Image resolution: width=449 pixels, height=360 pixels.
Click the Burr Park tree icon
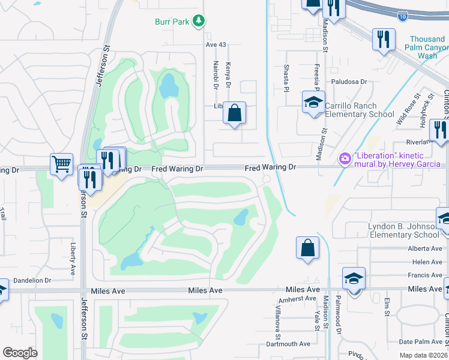(199, 22)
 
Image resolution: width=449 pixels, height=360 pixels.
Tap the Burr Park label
(172, 22)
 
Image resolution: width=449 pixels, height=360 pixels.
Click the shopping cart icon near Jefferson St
(61, 164)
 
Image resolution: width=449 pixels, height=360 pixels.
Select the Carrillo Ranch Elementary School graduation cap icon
(313, 103)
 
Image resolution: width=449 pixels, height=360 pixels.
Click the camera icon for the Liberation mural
(345, 159)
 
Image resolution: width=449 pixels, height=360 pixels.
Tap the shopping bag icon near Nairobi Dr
(234, 112)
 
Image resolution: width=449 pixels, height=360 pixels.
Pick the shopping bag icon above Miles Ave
(307, 247)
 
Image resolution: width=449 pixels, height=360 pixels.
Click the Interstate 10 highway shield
(403, 17)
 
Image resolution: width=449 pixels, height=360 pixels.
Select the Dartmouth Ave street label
(288, 344)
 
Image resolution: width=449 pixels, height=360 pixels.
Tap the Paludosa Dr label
(349, 82)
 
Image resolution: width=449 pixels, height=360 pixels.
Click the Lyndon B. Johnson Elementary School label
(404, 230)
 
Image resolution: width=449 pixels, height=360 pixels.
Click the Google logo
(20, 353)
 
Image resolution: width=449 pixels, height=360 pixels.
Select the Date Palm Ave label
(420, 341)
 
